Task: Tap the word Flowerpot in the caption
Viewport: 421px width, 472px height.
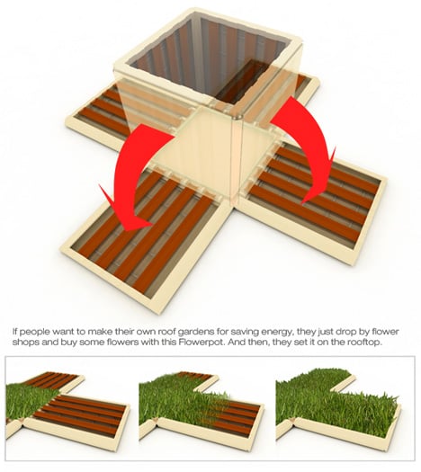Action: tap(201, 343)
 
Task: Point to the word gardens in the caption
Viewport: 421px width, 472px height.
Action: tap(194, 332)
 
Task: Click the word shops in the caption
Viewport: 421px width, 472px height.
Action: tap(24, 343)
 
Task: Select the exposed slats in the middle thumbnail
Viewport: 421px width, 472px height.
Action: tap(233, 413)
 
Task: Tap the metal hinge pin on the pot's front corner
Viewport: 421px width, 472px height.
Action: tap(237, 116)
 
